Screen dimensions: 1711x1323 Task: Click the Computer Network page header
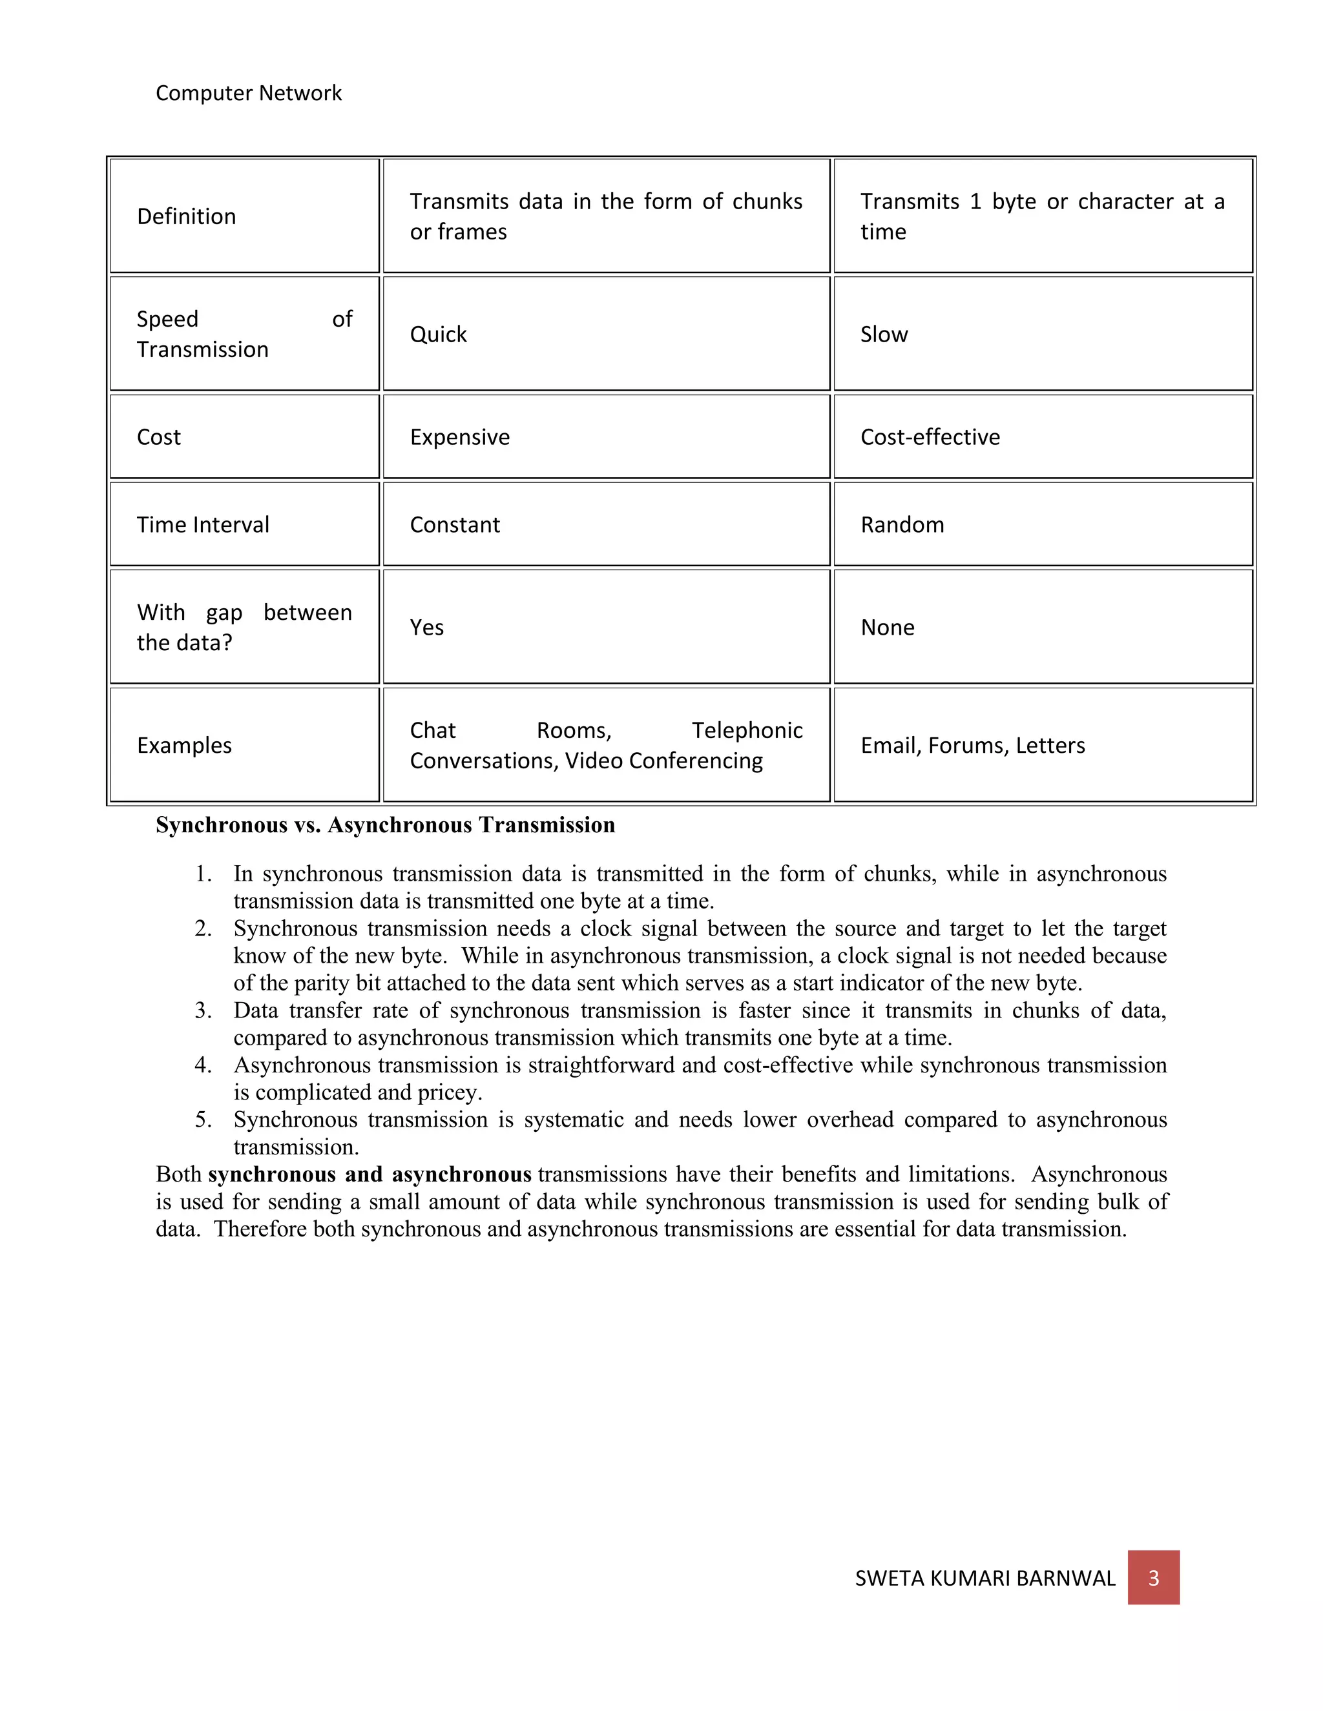[249, 93]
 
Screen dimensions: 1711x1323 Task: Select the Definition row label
[187, 216]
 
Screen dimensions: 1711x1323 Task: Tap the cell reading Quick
[438, 334]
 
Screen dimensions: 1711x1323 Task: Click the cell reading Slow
[884, 334]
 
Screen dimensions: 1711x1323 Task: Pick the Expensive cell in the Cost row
[459, 437]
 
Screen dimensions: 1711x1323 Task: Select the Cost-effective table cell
[930, 437]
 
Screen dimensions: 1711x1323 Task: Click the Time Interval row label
[203, 525]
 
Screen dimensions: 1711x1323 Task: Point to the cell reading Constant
[455, 525]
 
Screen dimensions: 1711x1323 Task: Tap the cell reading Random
[902, 525]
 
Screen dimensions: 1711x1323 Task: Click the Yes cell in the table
[427, 628]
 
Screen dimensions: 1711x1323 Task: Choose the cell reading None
[887, 628]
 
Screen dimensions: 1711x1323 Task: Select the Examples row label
[184, 745]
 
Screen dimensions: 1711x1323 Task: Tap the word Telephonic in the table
[747, 730]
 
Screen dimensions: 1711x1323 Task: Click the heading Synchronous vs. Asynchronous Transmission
[385, 825]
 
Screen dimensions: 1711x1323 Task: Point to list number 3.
[203, 1010]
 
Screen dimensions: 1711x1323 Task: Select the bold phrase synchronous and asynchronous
[370, 1174]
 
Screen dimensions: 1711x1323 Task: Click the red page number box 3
[1153, 1578]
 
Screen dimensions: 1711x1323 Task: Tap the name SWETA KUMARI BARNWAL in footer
[984, 1579]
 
